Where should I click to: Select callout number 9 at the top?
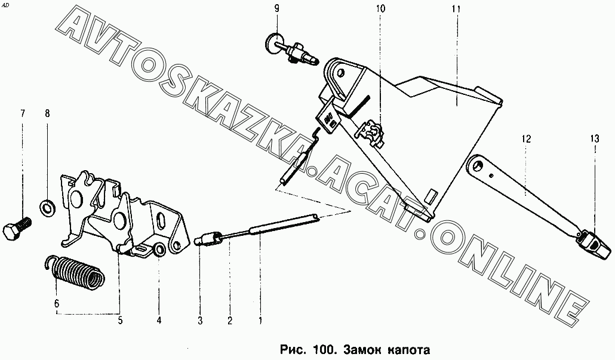[x=276, y=8]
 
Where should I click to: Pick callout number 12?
[x=525, y=139]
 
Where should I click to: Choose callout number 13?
[x=595, y=139]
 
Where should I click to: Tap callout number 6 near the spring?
[x=57, y=303]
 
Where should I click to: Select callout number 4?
[x=159, y=321]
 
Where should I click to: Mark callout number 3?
[x=200, y=321]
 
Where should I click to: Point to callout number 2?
[x=229, y=321]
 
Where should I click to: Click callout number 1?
[x=260, y=321]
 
